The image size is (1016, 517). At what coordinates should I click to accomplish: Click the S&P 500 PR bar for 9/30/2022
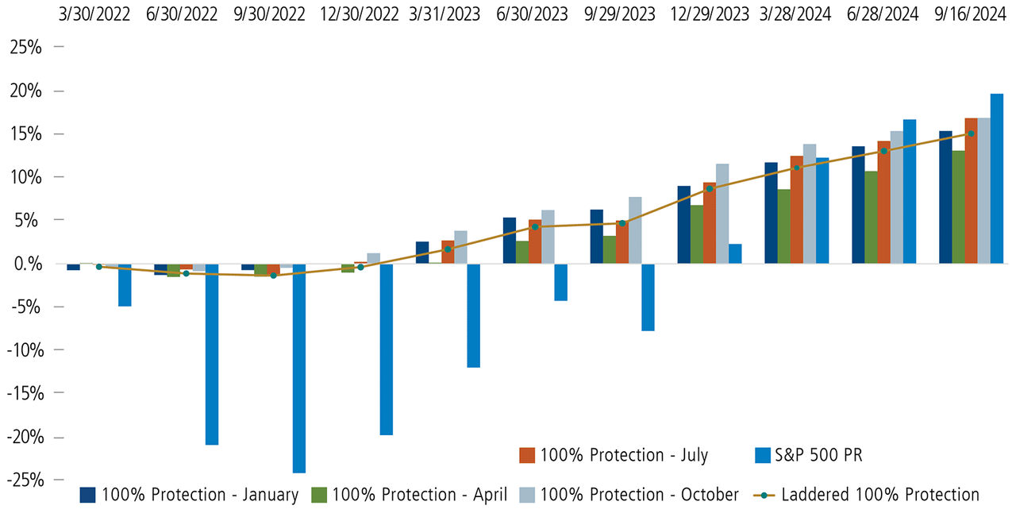tap(298, 368)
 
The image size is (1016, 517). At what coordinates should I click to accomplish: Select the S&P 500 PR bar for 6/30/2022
tap(211, 353)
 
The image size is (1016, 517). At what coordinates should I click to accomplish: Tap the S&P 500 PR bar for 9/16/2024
tap(997, 178)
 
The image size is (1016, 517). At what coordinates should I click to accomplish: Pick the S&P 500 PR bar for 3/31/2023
tap(473, 315)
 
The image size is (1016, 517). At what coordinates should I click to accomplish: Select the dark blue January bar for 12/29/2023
tap(683, 224)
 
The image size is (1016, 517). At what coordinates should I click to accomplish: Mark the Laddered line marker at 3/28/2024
tap(796, 168)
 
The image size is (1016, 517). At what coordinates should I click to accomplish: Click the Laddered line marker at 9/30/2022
tap(273, 276)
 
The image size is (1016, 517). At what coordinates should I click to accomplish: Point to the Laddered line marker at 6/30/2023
tap(535, 227)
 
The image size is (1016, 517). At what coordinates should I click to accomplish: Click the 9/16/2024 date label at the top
tap(971, 15)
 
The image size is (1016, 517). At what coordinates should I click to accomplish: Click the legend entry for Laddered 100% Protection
tap(880, 495)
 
